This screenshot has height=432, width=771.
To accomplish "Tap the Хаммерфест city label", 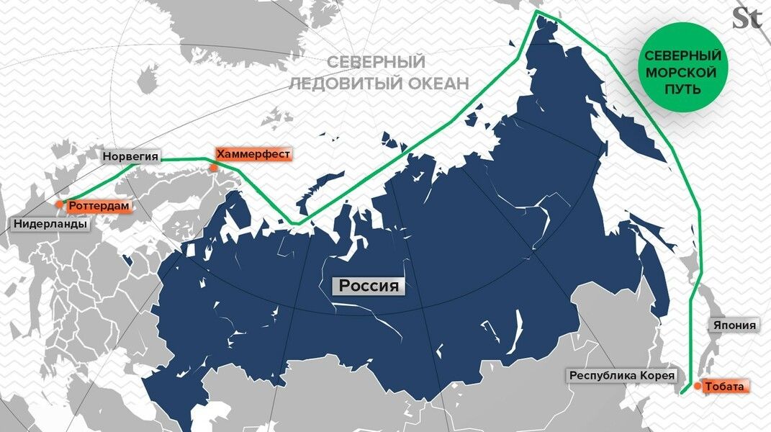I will coord(252,155).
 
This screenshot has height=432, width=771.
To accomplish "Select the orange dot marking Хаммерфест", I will coord(213,168).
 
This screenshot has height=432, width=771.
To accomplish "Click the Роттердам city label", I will coord(100,206).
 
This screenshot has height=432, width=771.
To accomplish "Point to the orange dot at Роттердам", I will coord(59,204).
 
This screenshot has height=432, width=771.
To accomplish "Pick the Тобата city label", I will coord(723,387).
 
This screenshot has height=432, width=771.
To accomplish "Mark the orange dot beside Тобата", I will coord(698,387).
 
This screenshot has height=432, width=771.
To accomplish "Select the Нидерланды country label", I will coord(50,225).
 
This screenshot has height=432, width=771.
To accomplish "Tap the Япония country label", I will coord(734,325).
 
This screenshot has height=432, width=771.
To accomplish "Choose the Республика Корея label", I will coord(622,375).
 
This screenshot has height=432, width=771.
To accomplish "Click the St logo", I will coord(747,19).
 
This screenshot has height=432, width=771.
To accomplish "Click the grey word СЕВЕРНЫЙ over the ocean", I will coord(376,62).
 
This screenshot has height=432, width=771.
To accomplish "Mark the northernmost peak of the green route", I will coord(536,12).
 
